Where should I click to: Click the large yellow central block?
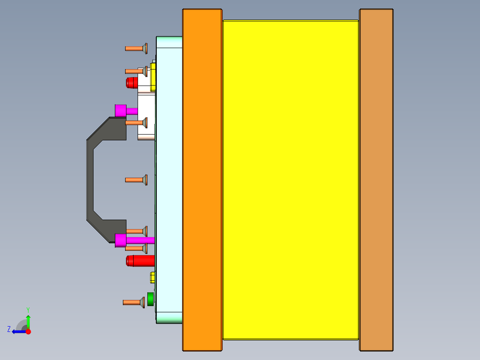click(x=290, y=180)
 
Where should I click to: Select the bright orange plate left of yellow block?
click(x=202, y=180)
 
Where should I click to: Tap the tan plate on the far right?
click(x=376, y=180)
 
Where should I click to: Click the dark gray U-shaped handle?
click(x=90, y=180)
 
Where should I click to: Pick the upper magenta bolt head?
click(x=120, y=110)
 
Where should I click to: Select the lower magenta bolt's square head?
click(x=120, y=240)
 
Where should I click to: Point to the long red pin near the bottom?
click(x=140, y=261)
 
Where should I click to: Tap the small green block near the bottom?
click(x=151, y=299)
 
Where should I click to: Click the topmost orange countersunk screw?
click(x=136, y=48)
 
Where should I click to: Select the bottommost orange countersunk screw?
click(x=133, y=303)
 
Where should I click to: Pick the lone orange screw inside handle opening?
click(x=136, y=180)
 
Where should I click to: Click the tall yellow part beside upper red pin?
click(x=153, y=77)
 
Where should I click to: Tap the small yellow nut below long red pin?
click(x=153, y=277)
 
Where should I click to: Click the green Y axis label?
click(x=28, y=309)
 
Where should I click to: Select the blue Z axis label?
click(x=9, y=329)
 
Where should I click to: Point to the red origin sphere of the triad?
click(x=28, y=331)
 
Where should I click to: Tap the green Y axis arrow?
click(x=28, y=321)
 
